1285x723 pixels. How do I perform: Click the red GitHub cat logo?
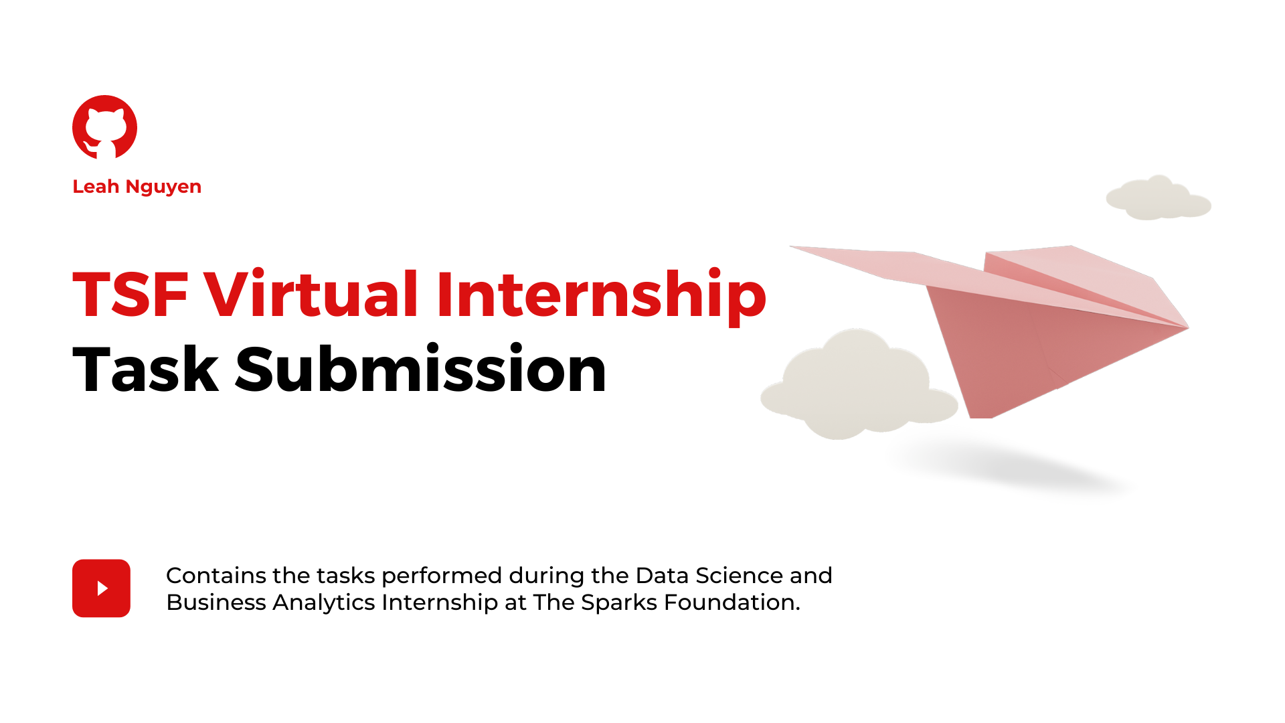coord(104,127)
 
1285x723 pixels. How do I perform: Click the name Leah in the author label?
coord(96,186)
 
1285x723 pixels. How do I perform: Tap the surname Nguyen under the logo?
coord(163,187)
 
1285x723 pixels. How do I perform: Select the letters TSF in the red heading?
coord(131,294)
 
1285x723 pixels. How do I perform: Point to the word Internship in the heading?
coord(602,297)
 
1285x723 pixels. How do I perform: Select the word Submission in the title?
coord(421,368)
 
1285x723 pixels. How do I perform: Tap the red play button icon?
coord(101,588)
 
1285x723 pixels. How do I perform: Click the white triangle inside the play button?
coord(102,588)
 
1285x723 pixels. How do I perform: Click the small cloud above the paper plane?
coord(1159,197)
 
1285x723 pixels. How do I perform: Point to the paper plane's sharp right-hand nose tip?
coord(1188,327)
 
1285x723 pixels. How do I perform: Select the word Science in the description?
coord(739,576)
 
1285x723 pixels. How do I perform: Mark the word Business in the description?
coord(216,602)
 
